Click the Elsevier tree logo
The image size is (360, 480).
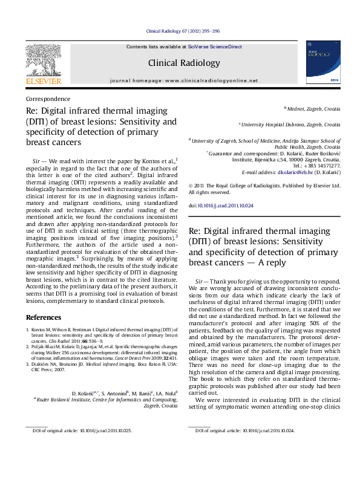pos(43,59)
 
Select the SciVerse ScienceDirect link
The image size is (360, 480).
pos(215,47)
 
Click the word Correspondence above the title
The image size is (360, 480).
pos(48,99)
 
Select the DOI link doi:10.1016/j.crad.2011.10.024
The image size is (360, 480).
pos(221,206)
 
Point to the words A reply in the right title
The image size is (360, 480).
pos(263,262)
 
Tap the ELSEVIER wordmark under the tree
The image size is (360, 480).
pos(43,80)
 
